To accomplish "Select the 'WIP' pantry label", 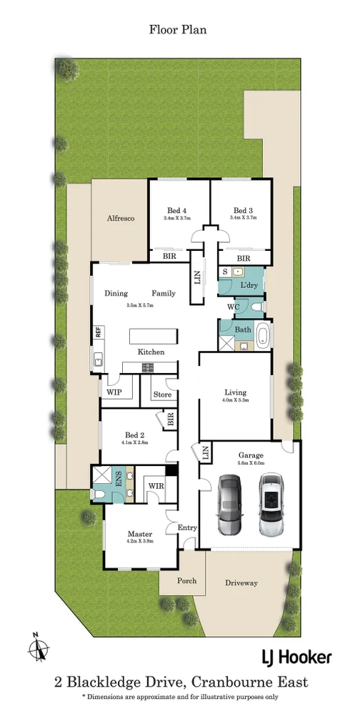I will [114, 392].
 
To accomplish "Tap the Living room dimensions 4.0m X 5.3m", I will [235, 401].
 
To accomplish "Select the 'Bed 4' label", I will [177, 210].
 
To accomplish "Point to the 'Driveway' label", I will [241, 583].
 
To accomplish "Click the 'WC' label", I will [232, 307].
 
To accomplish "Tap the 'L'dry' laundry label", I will [249, 285].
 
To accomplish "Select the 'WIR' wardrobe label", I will [156, 486].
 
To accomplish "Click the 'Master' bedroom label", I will [140, 533].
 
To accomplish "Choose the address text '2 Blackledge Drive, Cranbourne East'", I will [181, 682].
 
